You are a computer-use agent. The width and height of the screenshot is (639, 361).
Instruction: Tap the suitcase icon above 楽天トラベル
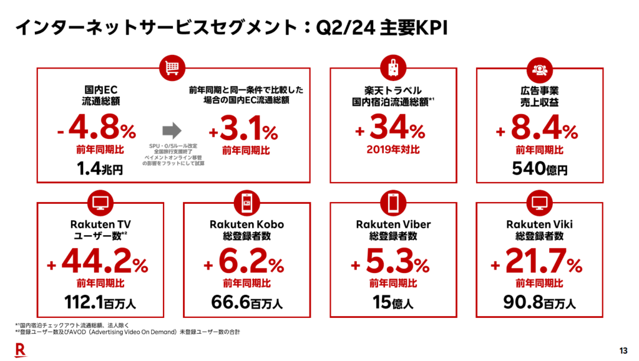point(393,68)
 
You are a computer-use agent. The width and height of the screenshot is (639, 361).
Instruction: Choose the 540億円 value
point(539,169)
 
